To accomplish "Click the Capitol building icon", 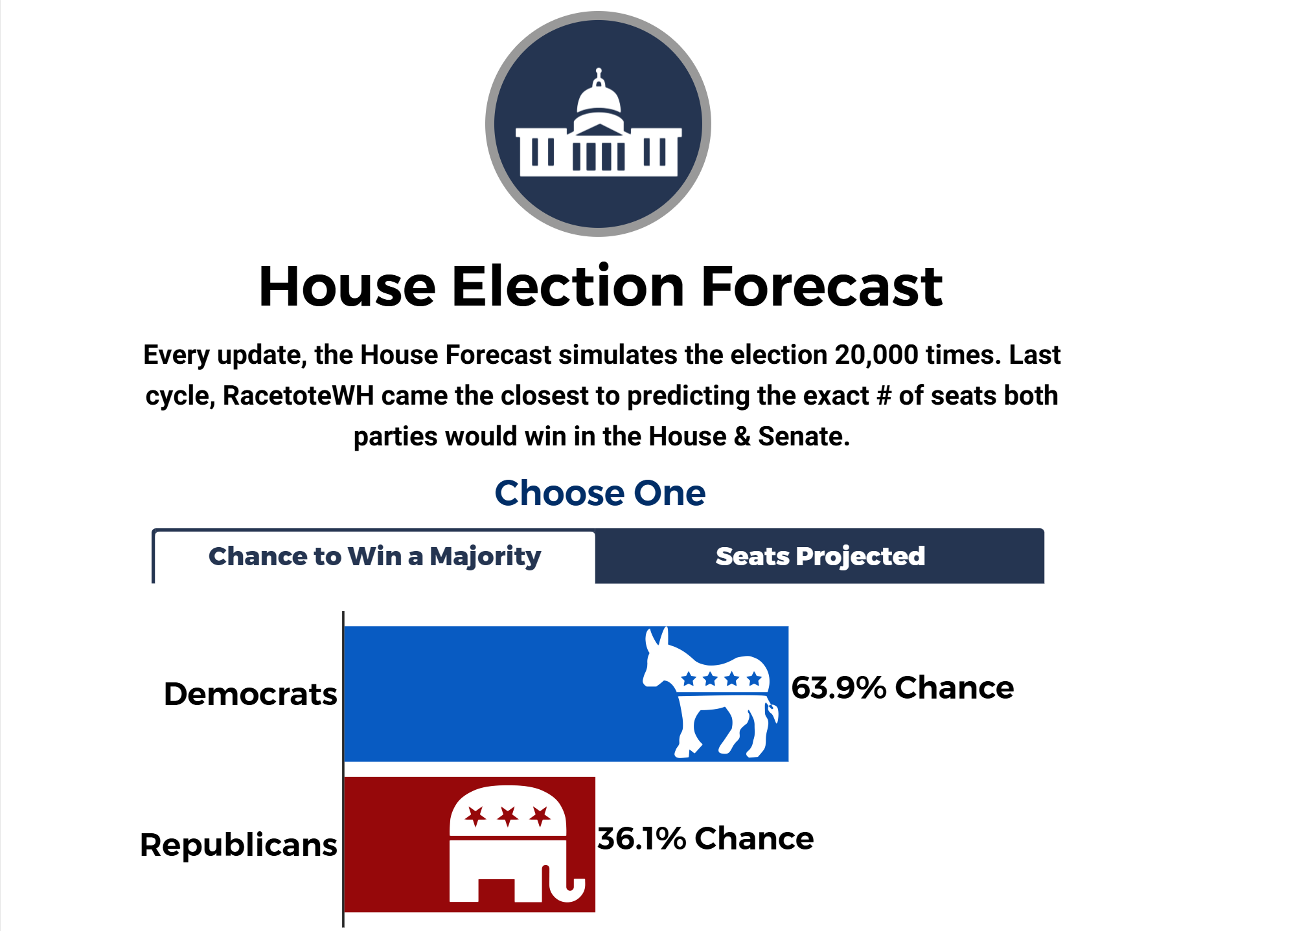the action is (598, 124).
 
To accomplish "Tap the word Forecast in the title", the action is (821, 286).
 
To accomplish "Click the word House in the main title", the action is (347, 286).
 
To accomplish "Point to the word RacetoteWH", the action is (299, 396).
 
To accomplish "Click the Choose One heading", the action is (600, 493).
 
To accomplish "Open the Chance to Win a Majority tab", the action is (374, 557).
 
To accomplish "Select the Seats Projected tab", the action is (819, 557).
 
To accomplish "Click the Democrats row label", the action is (251, 694).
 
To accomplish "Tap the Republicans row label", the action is (238, 845).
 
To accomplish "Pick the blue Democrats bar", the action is (566, 693).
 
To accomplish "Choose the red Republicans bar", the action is (470, 844).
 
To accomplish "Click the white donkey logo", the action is (710, 692).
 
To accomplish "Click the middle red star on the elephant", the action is (508, 816).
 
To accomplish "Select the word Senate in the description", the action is (804, 436).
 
